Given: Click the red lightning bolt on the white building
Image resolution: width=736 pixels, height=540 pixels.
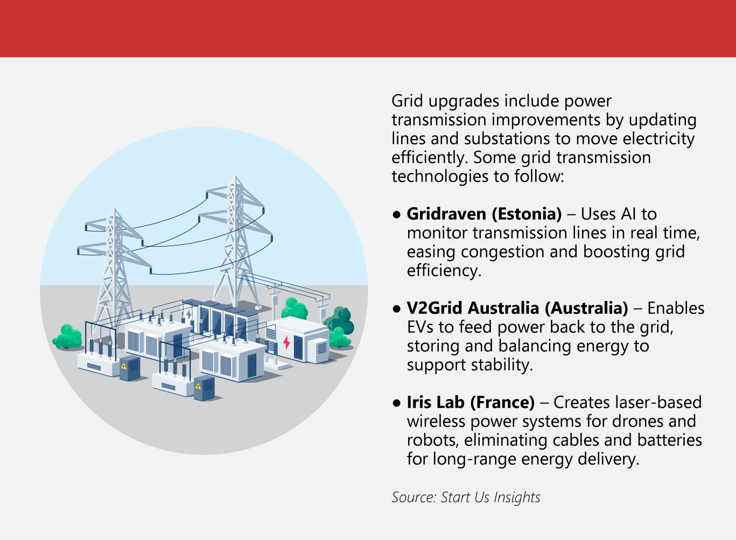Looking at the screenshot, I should (x=286, y=342).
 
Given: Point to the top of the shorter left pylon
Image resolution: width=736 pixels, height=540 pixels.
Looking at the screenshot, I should (x=114, y=210).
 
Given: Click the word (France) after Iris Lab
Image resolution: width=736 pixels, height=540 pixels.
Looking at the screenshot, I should (x=502, y=403).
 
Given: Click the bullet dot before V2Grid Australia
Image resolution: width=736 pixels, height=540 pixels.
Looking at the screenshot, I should (x=397, y=309).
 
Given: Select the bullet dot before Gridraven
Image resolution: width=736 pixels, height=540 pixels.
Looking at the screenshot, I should (x=397, y=215).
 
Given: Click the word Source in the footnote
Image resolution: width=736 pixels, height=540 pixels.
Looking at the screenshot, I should (x=413, y=497).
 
